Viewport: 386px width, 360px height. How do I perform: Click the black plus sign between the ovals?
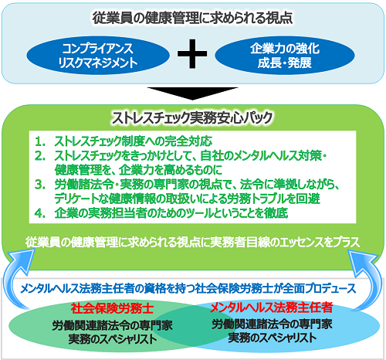coord(192,54)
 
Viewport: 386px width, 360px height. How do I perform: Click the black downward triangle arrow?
coord(192,93)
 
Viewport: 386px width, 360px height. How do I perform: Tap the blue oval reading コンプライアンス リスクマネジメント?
coord(98,56)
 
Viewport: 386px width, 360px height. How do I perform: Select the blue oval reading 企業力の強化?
coord(285,56)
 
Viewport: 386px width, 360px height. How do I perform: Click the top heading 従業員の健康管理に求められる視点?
coord(192,18)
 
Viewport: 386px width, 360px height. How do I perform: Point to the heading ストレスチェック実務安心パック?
coord(192,117)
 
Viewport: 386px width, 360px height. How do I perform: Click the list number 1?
coord(40,141)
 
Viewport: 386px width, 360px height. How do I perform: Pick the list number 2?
coord(40,156)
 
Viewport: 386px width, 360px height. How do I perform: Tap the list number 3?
coord(40,185)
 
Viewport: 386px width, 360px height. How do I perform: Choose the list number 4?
coord(40,213)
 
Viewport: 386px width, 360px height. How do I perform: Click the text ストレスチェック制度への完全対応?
coord(134,141)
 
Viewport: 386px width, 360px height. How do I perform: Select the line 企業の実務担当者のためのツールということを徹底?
coord(171,213)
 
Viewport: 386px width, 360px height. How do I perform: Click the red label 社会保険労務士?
coord(112,308)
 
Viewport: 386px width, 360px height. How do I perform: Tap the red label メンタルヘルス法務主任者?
coord(272,307)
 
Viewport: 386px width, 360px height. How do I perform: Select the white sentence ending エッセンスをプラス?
coord(192,242)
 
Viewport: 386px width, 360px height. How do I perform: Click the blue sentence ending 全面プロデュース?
coord(188,288)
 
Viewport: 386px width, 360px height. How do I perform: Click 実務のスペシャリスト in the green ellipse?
coord(113,339)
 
